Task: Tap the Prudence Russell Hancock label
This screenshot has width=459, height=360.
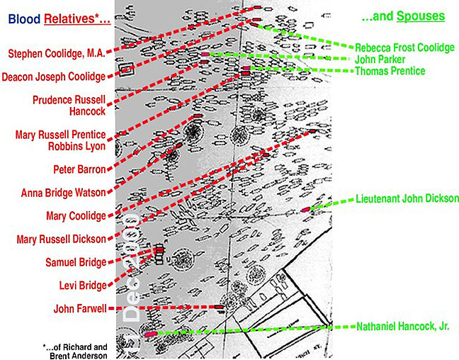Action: click(x=69, y=106)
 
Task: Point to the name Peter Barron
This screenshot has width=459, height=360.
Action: click(x=79, y=169)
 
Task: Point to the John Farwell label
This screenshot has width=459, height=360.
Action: click(x=80, y=308)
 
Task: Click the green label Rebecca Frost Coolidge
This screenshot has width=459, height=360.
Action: click(x=404, y=47)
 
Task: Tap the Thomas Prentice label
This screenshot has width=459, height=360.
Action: click(x=390, y=71)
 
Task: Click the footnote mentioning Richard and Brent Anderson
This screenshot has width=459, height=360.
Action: click(x=74, y=351)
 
